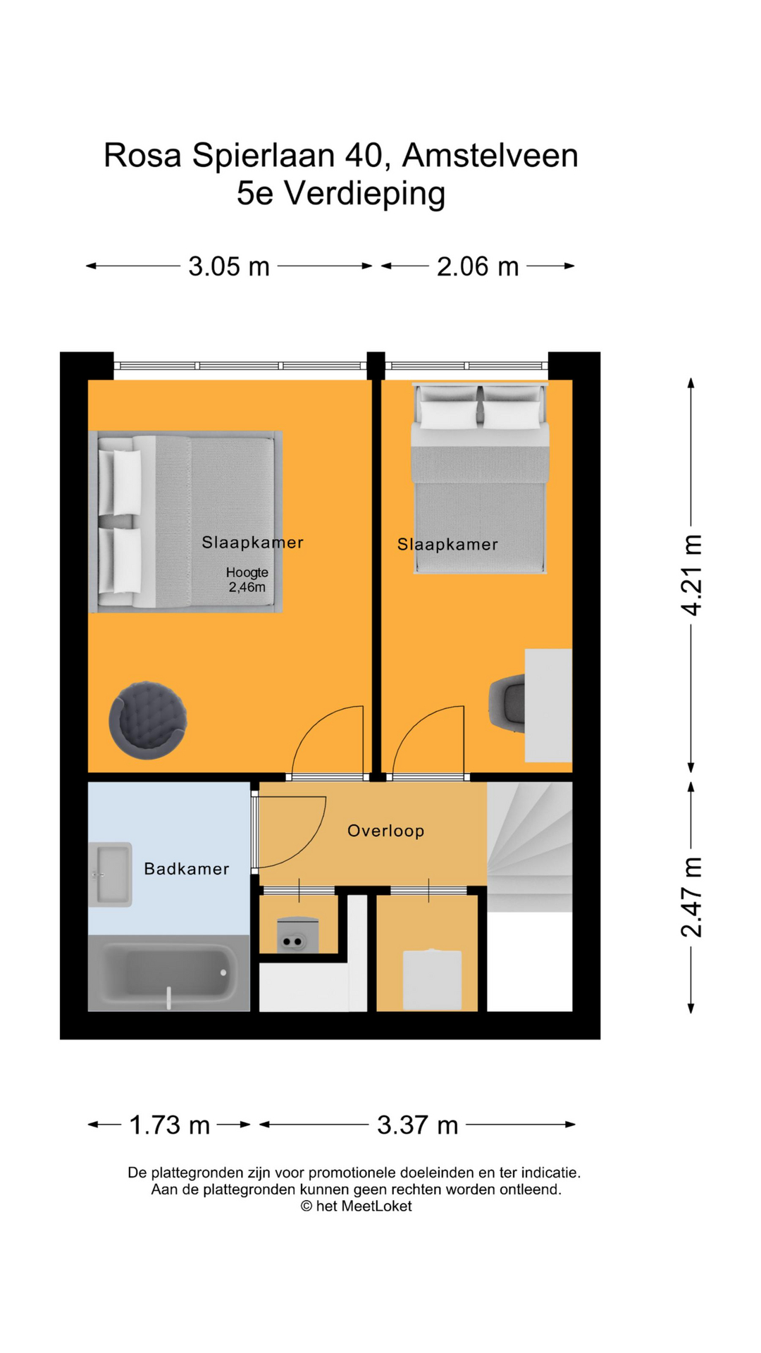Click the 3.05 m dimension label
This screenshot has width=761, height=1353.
(229, 266)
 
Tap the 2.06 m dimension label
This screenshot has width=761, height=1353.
(478, 266)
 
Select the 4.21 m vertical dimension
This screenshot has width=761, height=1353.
(691, 575)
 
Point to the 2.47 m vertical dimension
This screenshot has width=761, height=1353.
(691, 896)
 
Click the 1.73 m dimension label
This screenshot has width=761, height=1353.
(169, 1125)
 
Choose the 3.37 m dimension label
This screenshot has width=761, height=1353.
(417, 1125)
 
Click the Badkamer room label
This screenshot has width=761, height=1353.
(187, 869)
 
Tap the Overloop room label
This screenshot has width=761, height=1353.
(386, 831)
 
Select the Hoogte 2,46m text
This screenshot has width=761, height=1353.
(247, 580)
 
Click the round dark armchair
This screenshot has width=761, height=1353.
(148, 720)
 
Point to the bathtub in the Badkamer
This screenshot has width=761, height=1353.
(169, 973)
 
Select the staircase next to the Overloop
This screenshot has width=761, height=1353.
(528, 846)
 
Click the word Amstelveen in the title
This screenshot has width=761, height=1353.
(490, 156)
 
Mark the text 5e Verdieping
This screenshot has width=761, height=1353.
(341, 193)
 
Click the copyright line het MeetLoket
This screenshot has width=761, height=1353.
(357, 1206)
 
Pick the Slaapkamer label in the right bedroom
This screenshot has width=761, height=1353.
(447, 544)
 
